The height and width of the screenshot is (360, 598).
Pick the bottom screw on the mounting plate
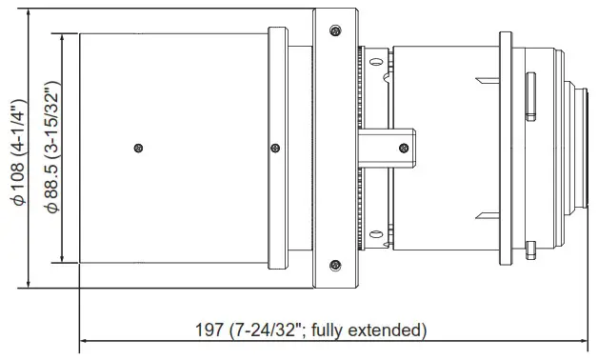point(333,264)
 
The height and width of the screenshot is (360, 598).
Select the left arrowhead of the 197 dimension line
point(84,340)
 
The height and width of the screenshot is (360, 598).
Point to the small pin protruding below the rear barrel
point(529,250)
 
